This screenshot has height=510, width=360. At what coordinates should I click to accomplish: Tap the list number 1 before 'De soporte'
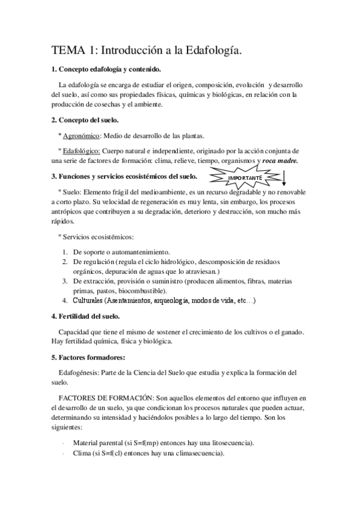(x=66, y=251)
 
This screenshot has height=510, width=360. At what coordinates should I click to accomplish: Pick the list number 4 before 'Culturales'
(x=66, y=300)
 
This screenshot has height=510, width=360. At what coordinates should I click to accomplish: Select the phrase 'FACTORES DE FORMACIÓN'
(x=105, y=398)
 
